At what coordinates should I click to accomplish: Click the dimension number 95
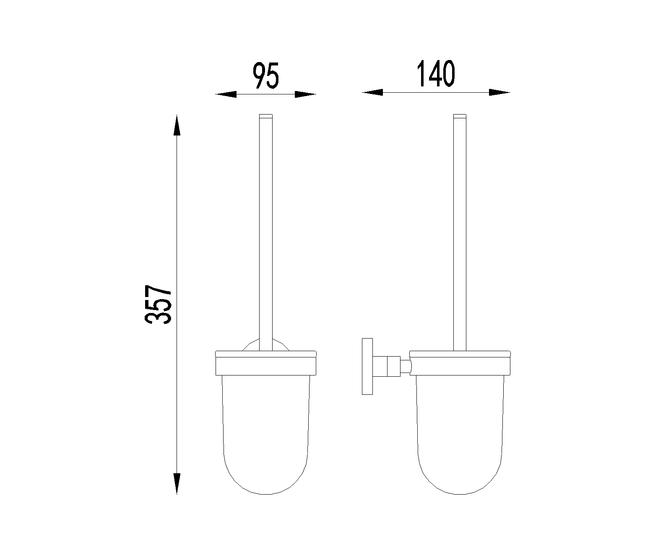click(265, 76)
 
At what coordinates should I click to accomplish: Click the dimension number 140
click(436, 73)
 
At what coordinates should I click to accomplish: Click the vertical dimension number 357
click(158, 304)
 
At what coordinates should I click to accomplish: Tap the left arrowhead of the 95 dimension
click(226, 94)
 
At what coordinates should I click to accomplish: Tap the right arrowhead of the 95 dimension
click(306, 94)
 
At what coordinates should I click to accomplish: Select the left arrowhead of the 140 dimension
click(372, 92)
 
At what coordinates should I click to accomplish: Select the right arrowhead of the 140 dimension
click(499, 92)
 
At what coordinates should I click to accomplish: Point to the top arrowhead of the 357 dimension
click(177, 125)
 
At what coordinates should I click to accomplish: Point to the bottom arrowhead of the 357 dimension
click(177, 484)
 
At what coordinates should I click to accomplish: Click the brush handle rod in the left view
click(265, 232)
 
